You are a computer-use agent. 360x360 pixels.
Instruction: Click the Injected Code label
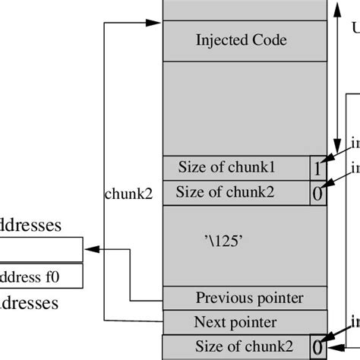pos(241,40)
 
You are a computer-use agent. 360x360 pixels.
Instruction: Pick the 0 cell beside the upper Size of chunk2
pos(319,193)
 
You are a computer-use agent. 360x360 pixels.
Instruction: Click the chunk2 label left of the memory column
pos(128,194)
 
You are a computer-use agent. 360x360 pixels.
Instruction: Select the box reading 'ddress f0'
pos(41,275)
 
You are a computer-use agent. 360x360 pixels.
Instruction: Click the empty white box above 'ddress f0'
pos(41,248)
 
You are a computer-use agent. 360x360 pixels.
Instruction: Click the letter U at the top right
pos(355,28)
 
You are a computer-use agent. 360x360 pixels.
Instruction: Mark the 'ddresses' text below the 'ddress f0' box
pos(30,304)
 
